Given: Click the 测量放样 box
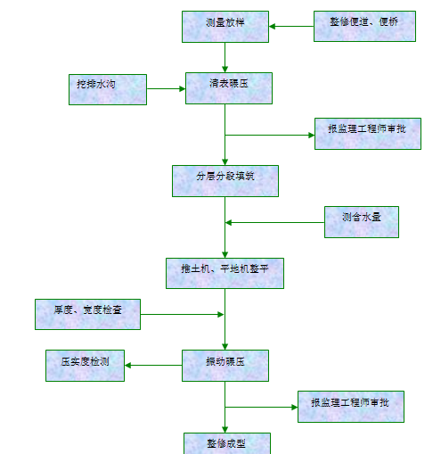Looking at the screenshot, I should (225, 26).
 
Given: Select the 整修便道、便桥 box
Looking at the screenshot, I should (364, 26).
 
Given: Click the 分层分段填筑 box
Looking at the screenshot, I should (225, 180).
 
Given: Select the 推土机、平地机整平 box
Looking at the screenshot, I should (225, 273).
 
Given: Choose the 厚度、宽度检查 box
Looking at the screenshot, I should (87, 314).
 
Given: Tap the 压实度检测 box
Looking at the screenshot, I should (86, 364).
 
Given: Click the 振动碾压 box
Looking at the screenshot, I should (225, 364).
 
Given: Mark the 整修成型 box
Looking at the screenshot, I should (226, 442).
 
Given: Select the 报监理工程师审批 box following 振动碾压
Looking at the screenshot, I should (350, 406).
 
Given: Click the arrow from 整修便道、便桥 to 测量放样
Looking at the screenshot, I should (291, 26).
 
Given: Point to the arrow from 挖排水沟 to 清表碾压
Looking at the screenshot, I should (165, 88).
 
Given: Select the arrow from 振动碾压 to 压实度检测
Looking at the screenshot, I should (153, 364).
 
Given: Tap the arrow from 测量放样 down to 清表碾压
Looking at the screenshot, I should (225, 57).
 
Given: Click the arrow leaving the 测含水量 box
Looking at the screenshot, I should (274, 222).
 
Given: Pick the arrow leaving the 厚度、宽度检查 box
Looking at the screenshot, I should (182, 314).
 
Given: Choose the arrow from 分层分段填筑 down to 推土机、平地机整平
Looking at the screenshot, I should (225, 227).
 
